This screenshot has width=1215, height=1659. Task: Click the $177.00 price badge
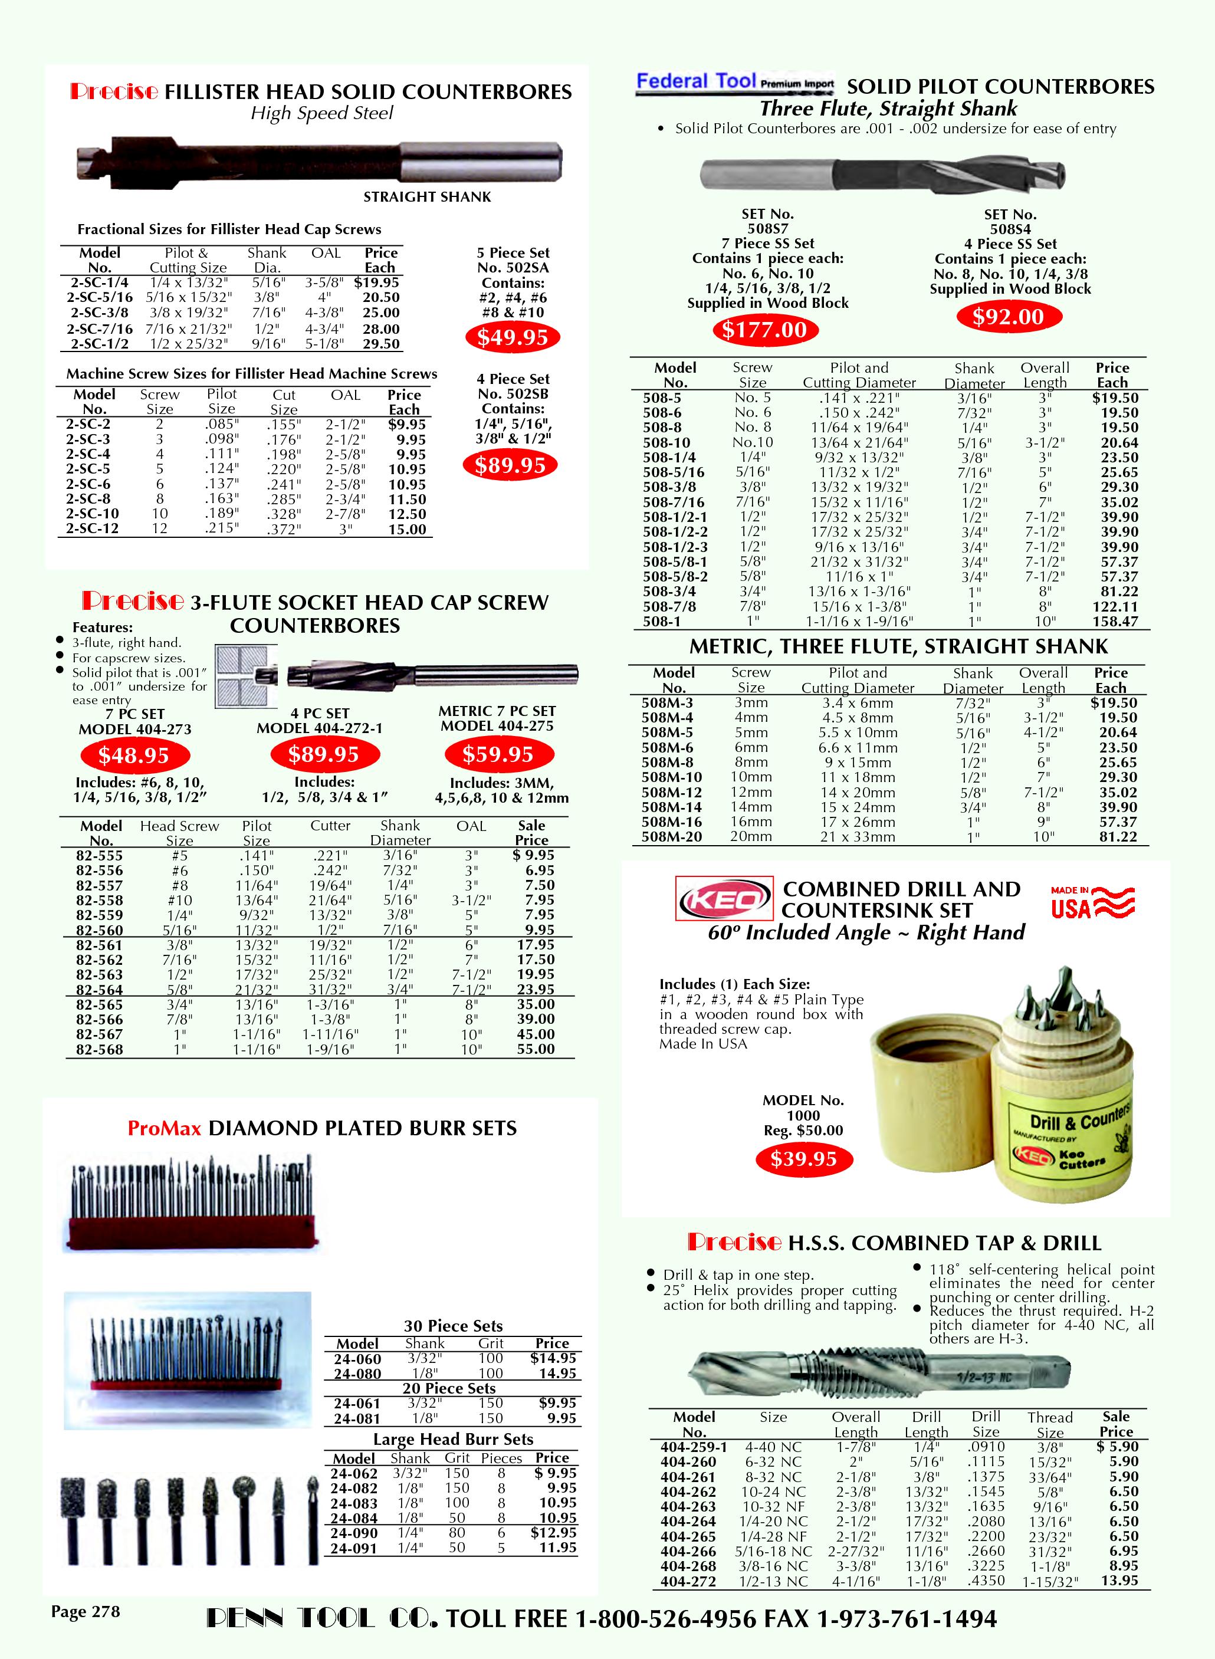[764, 330]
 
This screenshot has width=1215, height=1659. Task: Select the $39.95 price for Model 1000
[803, 1159]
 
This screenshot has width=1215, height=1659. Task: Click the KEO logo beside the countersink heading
[724, 899]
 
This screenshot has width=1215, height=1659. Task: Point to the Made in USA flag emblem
[1093, 902]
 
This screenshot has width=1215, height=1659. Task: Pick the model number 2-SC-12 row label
[92, 529]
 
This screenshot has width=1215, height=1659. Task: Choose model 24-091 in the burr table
[353, 1549]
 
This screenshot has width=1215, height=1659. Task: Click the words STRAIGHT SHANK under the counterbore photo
[426, 197]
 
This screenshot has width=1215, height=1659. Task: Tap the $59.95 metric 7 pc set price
[498, 754]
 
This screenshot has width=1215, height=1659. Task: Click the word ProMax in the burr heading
[164, 1129]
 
